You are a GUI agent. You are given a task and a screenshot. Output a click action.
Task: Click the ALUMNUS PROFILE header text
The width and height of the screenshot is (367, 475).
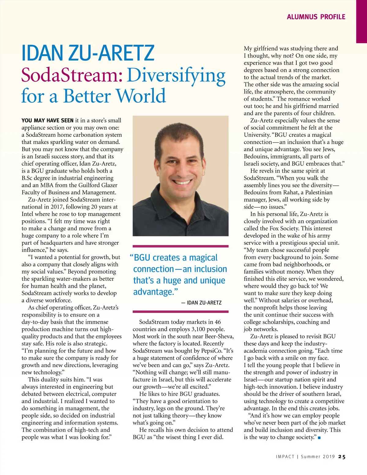coord(316,17)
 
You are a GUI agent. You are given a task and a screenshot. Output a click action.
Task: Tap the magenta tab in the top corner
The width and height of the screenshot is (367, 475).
coord(361,21)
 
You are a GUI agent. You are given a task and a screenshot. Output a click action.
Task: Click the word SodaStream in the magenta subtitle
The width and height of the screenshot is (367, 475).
coord(72,75)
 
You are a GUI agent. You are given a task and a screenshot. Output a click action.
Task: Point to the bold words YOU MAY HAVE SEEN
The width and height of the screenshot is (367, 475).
coord(47,121)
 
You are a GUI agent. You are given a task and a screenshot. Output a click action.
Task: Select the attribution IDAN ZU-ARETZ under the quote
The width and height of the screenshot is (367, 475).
coord(204,302)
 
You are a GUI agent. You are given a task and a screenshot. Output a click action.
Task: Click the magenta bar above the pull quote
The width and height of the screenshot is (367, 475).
coord(180,246)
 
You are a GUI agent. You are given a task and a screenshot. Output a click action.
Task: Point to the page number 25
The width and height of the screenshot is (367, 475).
coord(342,457)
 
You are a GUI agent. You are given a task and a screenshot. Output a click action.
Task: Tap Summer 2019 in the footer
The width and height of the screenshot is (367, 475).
coord(318,457)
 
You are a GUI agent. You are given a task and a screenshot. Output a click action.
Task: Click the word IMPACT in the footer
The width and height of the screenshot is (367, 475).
coord(285,457)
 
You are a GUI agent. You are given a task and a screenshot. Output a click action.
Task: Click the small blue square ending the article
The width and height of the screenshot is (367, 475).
coord(319,438)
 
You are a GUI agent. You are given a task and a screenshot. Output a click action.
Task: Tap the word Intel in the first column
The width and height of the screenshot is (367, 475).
coord(28,214)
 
